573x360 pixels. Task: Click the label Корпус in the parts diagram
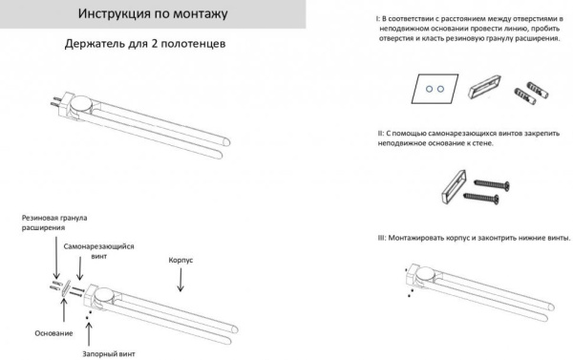click(x=181, y=258)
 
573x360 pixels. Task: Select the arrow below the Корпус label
click(x=182, y=279)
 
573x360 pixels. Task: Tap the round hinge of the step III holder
click(x=421, y=276)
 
